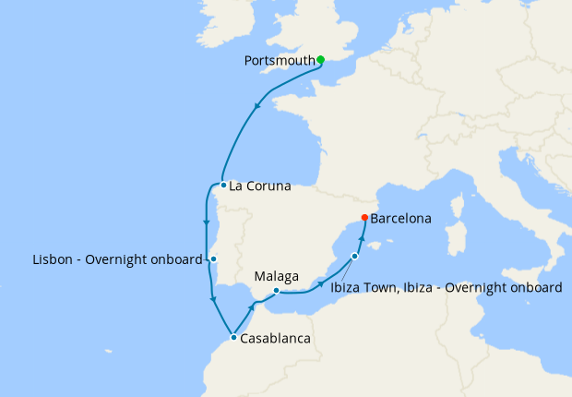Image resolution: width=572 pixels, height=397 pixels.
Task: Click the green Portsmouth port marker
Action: (x=320, y=60)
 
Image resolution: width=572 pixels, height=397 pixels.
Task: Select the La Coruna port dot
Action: (x=223, y=185)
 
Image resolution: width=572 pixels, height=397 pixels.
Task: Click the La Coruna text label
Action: (x=260, y=186)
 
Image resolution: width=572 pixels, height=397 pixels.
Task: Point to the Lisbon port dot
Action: (x=213, y=259)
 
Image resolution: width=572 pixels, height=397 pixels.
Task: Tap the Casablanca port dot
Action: (x=233, y=337)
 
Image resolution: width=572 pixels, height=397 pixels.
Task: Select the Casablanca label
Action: (x=275, y=338)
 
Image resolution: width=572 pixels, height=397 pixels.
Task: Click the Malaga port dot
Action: (x=277, y=292)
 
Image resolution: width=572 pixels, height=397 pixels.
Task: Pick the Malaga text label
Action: (x=277, y=276)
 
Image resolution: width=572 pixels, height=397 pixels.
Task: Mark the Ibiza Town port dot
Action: (x=354, y=257)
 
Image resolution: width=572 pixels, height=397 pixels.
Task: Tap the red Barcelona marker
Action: (x=364, y=218)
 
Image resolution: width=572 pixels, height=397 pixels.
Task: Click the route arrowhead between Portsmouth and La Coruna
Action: (x=256, y=106)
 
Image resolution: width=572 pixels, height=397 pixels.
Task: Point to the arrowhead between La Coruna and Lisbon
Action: (x=205, y=222)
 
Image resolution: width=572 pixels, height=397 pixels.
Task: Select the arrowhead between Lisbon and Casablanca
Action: (x=213, y=299)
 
